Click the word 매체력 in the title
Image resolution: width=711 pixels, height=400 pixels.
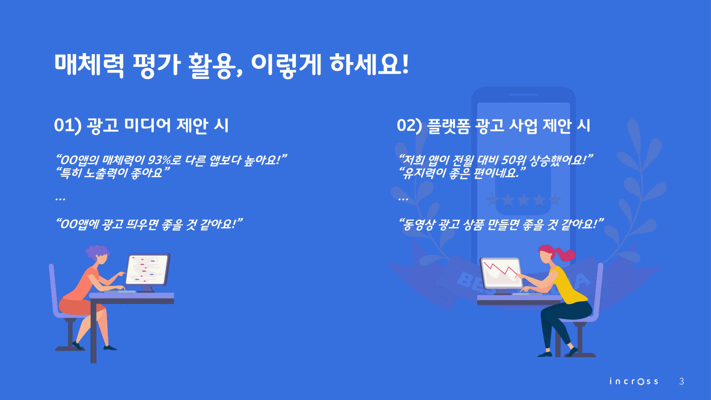pos(89,65)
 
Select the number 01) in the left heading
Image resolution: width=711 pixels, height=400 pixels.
pos(68,126)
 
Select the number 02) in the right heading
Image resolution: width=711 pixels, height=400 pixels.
pos(409,126)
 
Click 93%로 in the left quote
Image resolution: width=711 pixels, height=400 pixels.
pos(165,160)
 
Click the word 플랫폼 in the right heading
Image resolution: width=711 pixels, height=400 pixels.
pos(448,126)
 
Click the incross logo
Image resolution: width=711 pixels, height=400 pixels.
pos(634,381)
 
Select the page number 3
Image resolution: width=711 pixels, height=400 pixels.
pos(681,381)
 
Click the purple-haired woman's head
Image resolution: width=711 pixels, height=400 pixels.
pos(98,254)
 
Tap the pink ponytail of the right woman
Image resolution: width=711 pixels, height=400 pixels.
pos(565,254)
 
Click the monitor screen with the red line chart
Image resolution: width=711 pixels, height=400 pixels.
pos(501,273)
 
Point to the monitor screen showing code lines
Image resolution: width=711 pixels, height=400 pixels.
pos(147,270)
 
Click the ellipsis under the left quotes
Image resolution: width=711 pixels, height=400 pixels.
pos(60,199)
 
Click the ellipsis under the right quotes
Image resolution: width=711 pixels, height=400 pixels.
pos(403,199)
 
